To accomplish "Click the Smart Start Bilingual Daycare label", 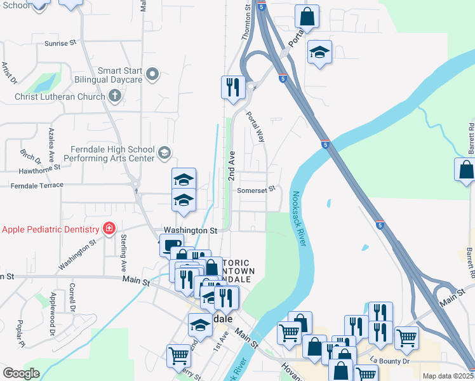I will pyautogui.click(x=119, y=76).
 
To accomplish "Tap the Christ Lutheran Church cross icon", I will pyautogui.click(x=114, y=97).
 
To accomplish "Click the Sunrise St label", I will pyautogui.click(x=60, y=43).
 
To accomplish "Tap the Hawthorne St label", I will pyautogui.click(x=39, y=168).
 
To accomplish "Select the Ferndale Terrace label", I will pyautogui.click(x=36, y=185).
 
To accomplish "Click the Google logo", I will pyautogui.click(x=21, y=373).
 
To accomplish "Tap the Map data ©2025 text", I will pyautogui.click(x=448, y=376).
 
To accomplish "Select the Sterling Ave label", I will pyautogui.click(x=124, y=246).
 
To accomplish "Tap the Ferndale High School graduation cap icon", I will pyautogui.click(x=164, y=152).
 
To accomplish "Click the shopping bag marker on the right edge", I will pyautogui.click(x=465, y=170).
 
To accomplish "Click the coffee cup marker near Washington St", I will pyautogui.click(x=171, y=245).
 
